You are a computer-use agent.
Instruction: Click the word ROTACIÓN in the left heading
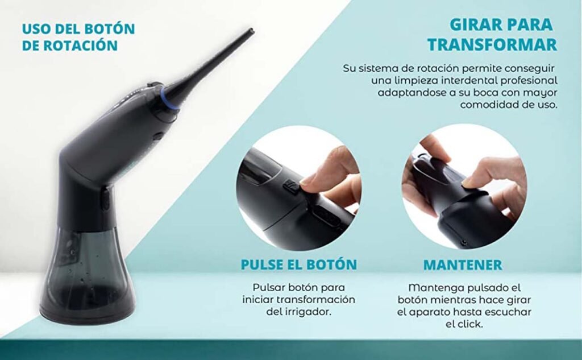coord(81,45)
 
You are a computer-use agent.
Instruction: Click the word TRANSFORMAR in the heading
coord(492,44)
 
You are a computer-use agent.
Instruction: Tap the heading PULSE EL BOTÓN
coord(299,264)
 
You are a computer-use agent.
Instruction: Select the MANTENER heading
coord(463,265)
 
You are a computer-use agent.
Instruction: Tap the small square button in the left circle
coord(290,187)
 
